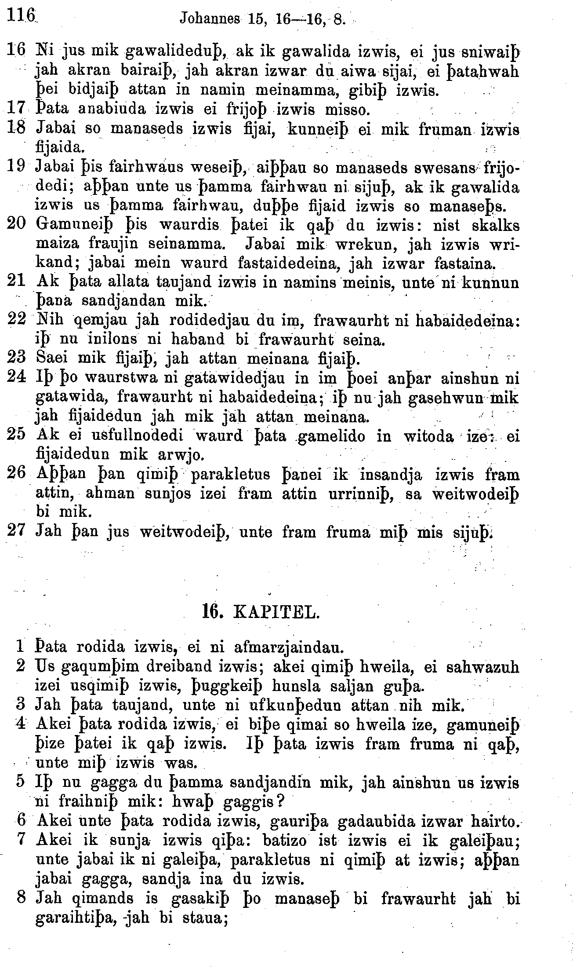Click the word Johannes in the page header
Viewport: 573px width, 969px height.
pyautogui.click(x=210, y=19)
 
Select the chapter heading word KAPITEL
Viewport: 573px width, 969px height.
pyautogui.click(x=276, y=612)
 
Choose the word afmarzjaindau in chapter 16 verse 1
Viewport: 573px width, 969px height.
pyautogui.click(x=282, y=647)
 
